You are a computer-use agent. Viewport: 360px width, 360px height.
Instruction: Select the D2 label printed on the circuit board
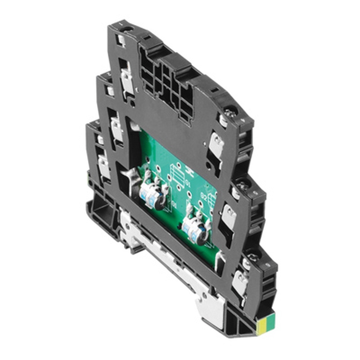point(203,196)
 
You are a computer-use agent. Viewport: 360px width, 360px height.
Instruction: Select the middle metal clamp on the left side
point(116,128)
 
